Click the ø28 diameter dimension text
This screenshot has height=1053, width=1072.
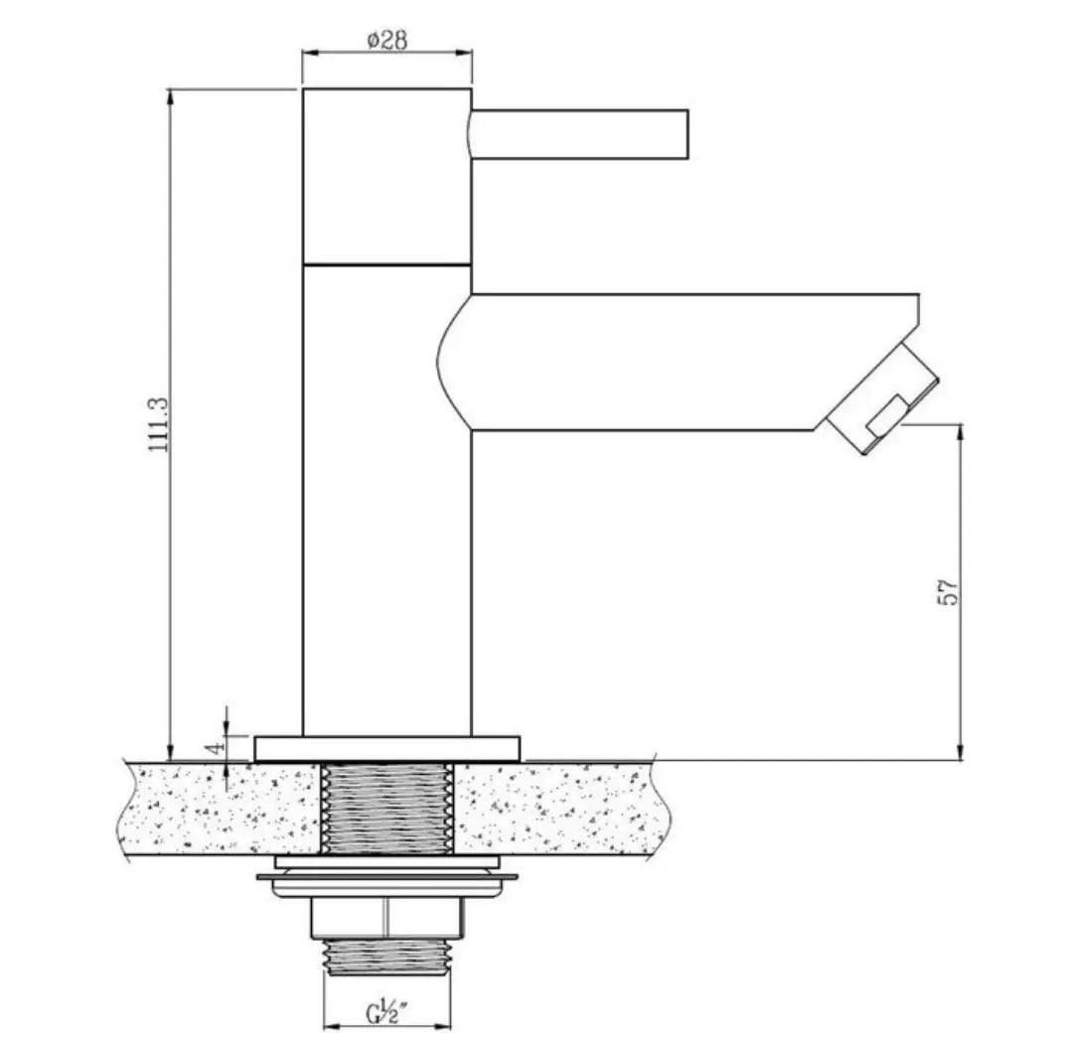point(386,40)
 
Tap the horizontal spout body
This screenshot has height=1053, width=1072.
point(646,363)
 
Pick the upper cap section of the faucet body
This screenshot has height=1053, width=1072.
point(386,177)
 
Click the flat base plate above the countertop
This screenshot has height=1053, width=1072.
point(386,748)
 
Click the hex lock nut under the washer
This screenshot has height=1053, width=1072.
point(386,917)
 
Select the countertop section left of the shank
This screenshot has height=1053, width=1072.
point(219,808)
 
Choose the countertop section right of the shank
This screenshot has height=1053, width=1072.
point(556,808)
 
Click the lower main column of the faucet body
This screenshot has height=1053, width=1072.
point(386,497)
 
